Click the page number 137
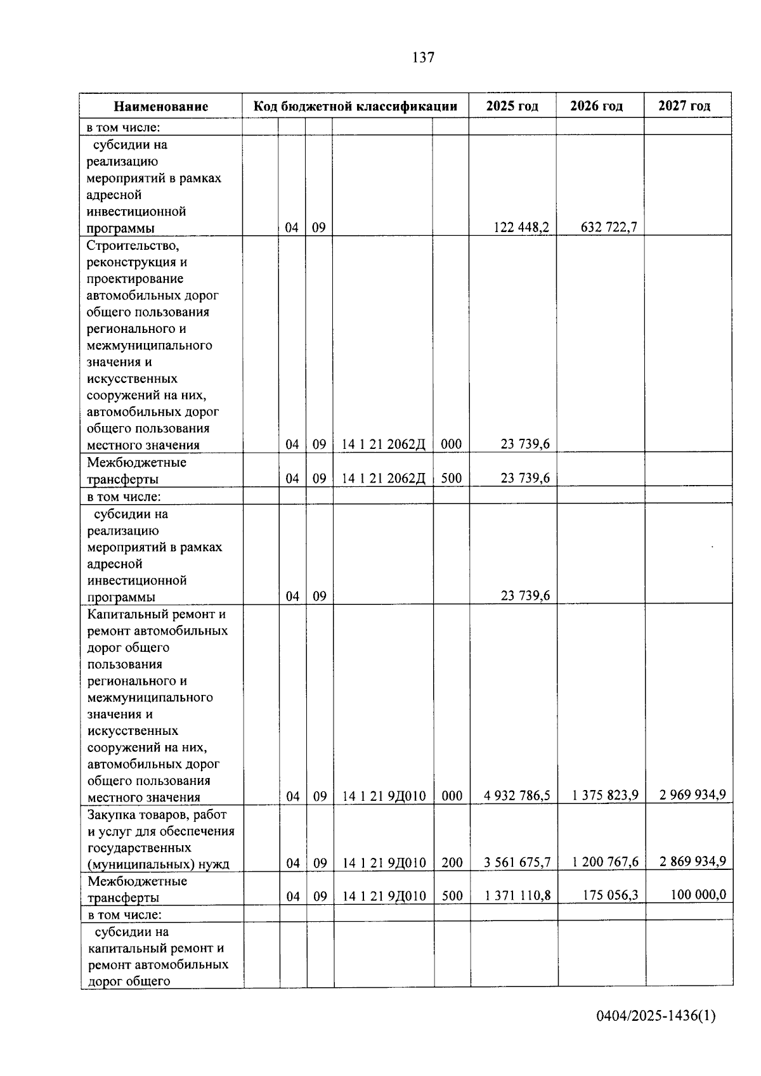pyautogui.click(x=423, y=58)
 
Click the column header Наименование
pyautogui.click(x=161, y=107)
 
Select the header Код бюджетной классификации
pyautogui.click(x=355, y=106)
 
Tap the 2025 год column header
pyautogui.click(x=512, y=106)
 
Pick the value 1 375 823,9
pyautogui.click(x=605, y=795)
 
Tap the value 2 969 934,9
pyautogui.click(x=693, y=794)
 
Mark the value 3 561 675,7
pyautogui.click(x=517, y=862)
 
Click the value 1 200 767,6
pyautogui.click(x=605, y=862)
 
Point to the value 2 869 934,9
pyautogui.click(x=693, y=861)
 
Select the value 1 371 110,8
pyautogui.click(x=517, y=895)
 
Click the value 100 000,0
pyautogui.click(x=698, y=894)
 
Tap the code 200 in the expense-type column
pyautogui.click(x=452, y=862)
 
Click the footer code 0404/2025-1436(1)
pyautogui.click(x=656, y=1016)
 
